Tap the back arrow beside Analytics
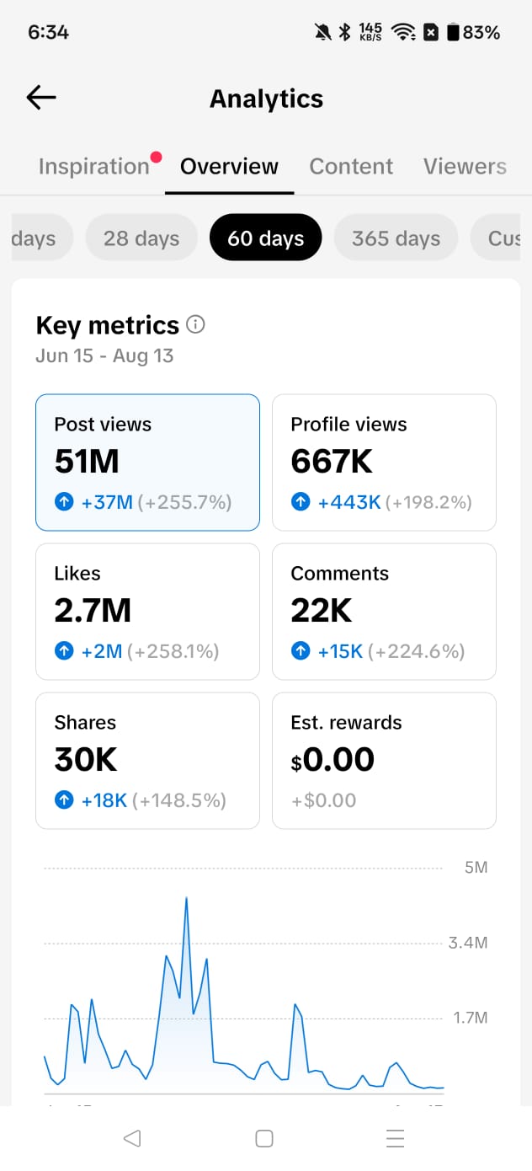(40, 98)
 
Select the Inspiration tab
(94, 167)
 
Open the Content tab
(351, 166)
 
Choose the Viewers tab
(465, 166)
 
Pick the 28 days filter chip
(141, 238)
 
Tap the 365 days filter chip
(396, 238)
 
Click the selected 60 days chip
(265, 238)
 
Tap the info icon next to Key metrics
(195, 324)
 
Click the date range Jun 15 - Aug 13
(104, 356)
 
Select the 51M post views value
(87, 461)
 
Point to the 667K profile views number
(332, 461)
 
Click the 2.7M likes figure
(93, 610)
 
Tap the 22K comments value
(322, 610)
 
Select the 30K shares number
(86, 759)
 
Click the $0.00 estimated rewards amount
(332, 760)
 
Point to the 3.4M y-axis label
(468, 943)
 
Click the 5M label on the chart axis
(476, 867)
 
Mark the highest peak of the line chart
(187, 897)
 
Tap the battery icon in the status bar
(453, 32)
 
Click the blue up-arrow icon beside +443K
(301, 502)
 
